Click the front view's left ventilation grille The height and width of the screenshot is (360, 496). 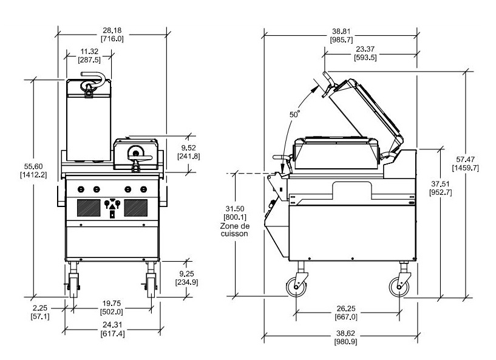89,207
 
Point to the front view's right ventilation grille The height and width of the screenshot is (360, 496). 135,207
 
